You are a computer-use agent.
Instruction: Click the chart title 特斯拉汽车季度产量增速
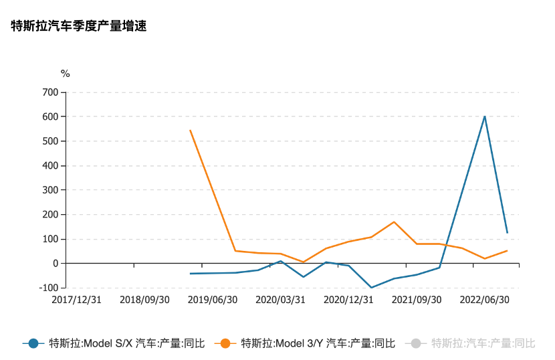click(79, 27)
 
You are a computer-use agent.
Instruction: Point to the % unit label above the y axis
click(65, 74)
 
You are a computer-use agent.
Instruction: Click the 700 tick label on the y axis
click(50, 92)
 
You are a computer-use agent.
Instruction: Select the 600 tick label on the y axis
click(50, 116)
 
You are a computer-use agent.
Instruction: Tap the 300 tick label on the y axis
click(50, 190)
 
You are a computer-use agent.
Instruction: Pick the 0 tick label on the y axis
click(56, 264)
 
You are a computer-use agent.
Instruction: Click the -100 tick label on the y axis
click(48, 288)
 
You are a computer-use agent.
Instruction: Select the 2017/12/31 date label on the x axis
click(77, 300)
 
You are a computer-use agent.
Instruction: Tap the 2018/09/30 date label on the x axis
click(145, 300)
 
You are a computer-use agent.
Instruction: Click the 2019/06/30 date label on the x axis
click(213, 300)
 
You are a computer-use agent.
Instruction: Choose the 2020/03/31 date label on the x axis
click(281, 300)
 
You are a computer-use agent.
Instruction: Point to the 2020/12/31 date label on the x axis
click(348, 300)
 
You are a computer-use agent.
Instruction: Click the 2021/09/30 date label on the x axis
click(416, 300)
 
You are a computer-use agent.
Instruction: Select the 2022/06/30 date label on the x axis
click(484, 300)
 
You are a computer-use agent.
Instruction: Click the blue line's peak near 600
click(484, 116)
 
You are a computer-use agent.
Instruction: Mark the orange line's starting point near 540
click(191, 130)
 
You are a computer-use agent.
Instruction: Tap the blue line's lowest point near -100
click(371, 288)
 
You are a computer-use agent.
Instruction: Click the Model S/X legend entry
click(114, 343)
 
